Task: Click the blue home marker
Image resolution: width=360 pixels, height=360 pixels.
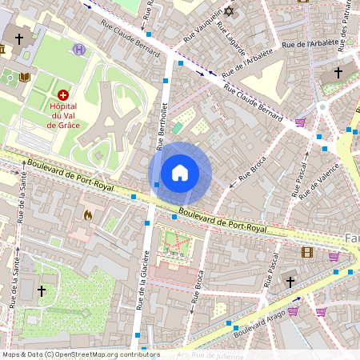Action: [180, 173]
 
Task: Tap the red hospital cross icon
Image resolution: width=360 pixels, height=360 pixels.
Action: [63, 94]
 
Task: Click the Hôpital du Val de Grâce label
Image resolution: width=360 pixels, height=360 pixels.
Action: [63, 114]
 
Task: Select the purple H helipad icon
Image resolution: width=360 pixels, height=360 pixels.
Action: [78, 50]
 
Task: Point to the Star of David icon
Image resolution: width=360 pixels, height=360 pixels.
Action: [230, 12]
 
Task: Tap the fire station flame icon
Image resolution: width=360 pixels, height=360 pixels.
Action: [87, 214]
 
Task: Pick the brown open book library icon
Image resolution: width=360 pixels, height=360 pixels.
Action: [25, 77]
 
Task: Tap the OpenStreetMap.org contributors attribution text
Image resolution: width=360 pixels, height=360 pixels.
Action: [94, 354]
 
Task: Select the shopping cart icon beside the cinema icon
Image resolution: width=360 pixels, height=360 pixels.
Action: [334, 257]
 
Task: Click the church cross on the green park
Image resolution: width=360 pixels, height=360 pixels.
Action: [42, 291]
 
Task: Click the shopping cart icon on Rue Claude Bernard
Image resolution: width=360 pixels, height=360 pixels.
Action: [301, 122]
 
